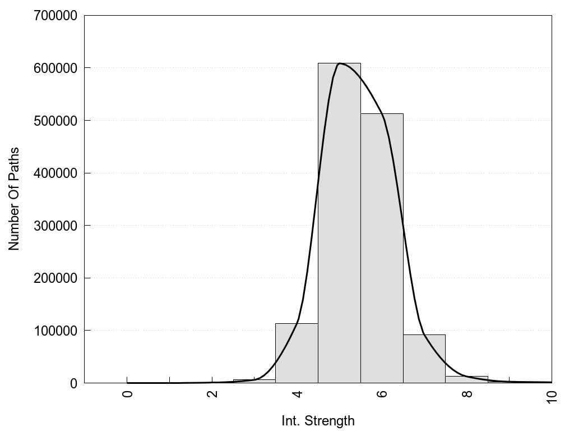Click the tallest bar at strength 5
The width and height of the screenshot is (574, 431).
[339, 224]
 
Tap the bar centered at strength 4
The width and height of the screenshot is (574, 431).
[297, 354]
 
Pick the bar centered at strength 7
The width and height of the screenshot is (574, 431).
[424, 359]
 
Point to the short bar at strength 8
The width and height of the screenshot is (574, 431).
[466, 380]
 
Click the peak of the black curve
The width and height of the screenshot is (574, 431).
[340, 63]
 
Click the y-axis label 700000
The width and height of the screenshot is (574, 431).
[55, 16]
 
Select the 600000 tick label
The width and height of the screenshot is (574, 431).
[55, 68]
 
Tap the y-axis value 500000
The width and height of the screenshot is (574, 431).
[55, 121]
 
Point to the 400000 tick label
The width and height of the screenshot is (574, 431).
[55, 173]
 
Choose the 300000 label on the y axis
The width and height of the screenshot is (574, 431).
[55, 226]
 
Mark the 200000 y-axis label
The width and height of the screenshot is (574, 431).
[55, 278]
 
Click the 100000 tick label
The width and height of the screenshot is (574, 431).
[55, 331]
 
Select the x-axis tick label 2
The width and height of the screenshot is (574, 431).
[212, 393]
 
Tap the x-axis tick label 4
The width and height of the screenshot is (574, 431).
[297, 393]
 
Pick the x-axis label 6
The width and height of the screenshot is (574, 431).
[382, 393]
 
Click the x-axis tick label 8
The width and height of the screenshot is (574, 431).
[467, 393]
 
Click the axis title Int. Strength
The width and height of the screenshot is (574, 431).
[318, 421]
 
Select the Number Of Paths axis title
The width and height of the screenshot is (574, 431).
[14, 199]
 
